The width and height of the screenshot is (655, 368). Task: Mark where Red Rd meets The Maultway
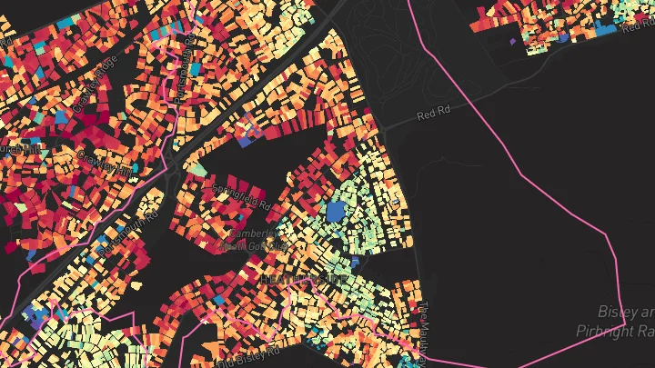click(387, 132)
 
